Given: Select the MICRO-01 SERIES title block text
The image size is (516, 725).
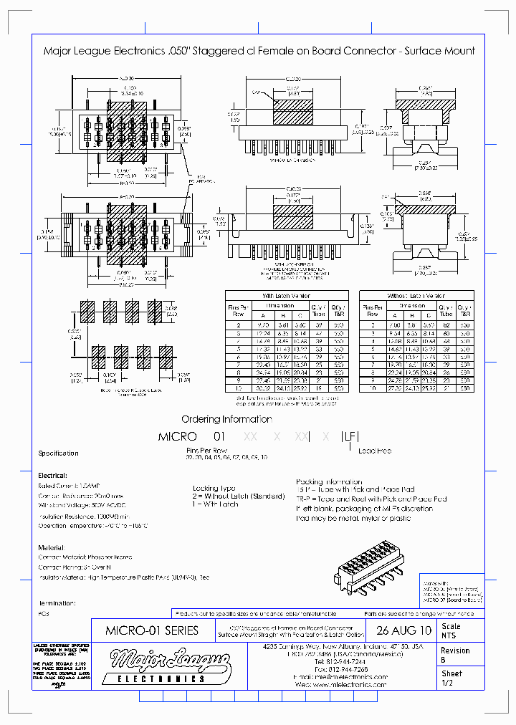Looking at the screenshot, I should click(x=152, y=631).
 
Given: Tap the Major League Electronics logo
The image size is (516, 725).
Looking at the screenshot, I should click(x=171, y=663).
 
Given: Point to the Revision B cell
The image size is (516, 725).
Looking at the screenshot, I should click(x=456, y=655).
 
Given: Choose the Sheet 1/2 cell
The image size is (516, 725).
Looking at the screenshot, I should click(x=453, y=678).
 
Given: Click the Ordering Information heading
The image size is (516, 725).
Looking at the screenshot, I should click(x=226, y=419).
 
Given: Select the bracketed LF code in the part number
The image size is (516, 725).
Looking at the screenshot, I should click(x=349, y=436).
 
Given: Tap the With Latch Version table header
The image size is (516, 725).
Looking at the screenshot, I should click(x=287, y=295).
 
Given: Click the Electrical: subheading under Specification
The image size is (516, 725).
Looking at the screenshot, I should click(x=53, y=476).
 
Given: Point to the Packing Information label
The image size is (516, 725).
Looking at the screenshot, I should click(x=328, y=482).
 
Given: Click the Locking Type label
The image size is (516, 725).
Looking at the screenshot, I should click(x=214, y=487).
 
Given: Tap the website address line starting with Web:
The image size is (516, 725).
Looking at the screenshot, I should click(x=340, y=685).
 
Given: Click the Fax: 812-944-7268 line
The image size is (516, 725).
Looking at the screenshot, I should click(x=340, y=669).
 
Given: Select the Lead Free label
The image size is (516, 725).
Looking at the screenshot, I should click(x=375, y=451).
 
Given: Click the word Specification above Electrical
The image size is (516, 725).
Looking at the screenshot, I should click(x=58, y=453).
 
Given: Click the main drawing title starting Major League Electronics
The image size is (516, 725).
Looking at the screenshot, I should click(x=259, y=51).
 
